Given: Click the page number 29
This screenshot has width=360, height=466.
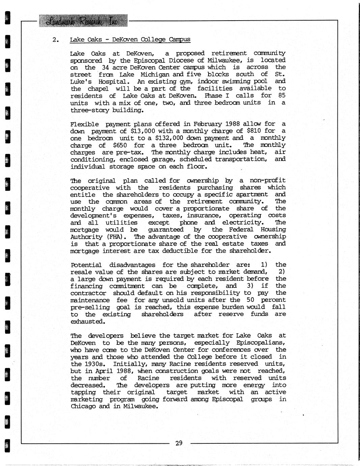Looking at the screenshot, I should (179, 443).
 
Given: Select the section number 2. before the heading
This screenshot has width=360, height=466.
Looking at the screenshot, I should (56, 40).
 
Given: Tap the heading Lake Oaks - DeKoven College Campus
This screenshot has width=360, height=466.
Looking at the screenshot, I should (130, 40).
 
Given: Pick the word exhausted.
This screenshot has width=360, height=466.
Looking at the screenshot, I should (87, 321).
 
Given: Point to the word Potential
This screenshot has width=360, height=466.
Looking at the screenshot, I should (86, 265).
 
